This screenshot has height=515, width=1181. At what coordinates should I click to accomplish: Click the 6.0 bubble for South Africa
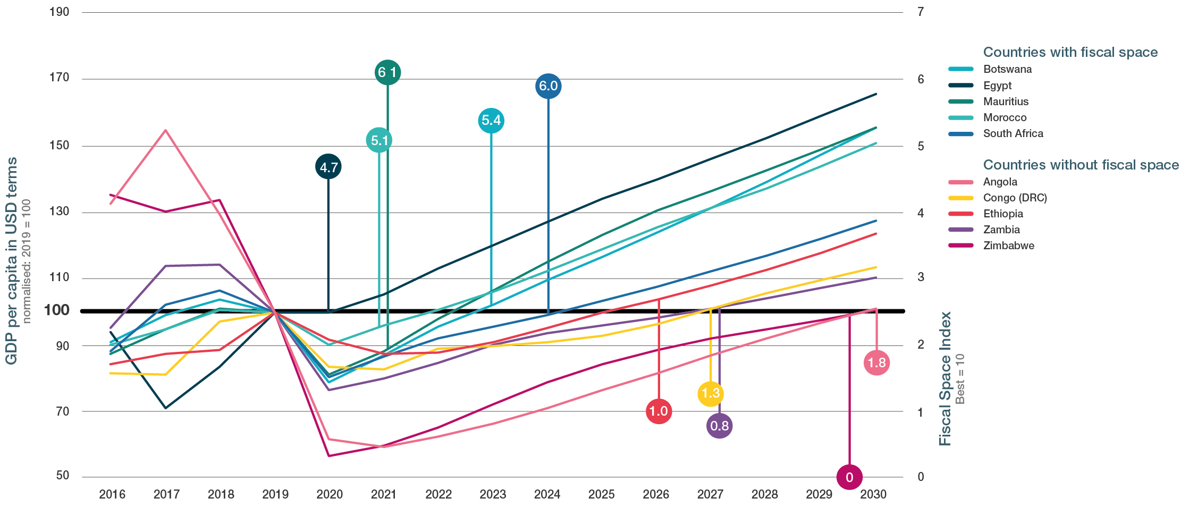548,86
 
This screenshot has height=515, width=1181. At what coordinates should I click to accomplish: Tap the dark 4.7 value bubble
328,167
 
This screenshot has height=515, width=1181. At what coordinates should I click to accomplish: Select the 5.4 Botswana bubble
491,121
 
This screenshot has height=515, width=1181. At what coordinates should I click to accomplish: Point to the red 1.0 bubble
659,411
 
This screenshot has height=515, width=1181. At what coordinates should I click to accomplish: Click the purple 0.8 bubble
719,426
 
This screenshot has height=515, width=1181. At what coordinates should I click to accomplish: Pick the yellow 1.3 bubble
710,394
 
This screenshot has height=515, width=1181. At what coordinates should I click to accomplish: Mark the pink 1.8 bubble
876,363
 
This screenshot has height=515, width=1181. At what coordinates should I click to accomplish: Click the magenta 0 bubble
849,477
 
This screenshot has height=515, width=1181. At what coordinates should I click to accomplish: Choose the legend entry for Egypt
997,86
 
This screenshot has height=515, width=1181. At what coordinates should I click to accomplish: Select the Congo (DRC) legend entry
1015,198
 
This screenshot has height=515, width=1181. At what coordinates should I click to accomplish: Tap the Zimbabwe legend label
1008,246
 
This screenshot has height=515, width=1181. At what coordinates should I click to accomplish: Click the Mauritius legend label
1006,102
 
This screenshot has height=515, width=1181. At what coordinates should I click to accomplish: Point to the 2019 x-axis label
275,494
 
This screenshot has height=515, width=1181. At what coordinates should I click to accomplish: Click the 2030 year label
873,494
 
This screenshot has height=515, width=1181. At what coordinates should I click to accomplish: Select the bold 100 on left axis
56,310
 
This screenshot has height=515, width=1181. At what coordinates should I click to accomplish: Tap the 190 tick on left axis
59,12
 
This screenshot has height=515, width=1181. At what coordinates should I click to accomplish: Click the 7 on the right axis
921,12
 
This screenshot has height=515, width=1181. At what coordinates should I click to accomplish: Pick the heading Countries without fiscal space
1081,165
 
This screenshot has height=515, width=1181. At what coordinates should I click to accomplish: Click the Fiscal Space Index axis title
944,378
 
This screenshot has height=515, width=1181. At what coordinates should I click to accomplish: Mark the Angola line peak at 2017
166,130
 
